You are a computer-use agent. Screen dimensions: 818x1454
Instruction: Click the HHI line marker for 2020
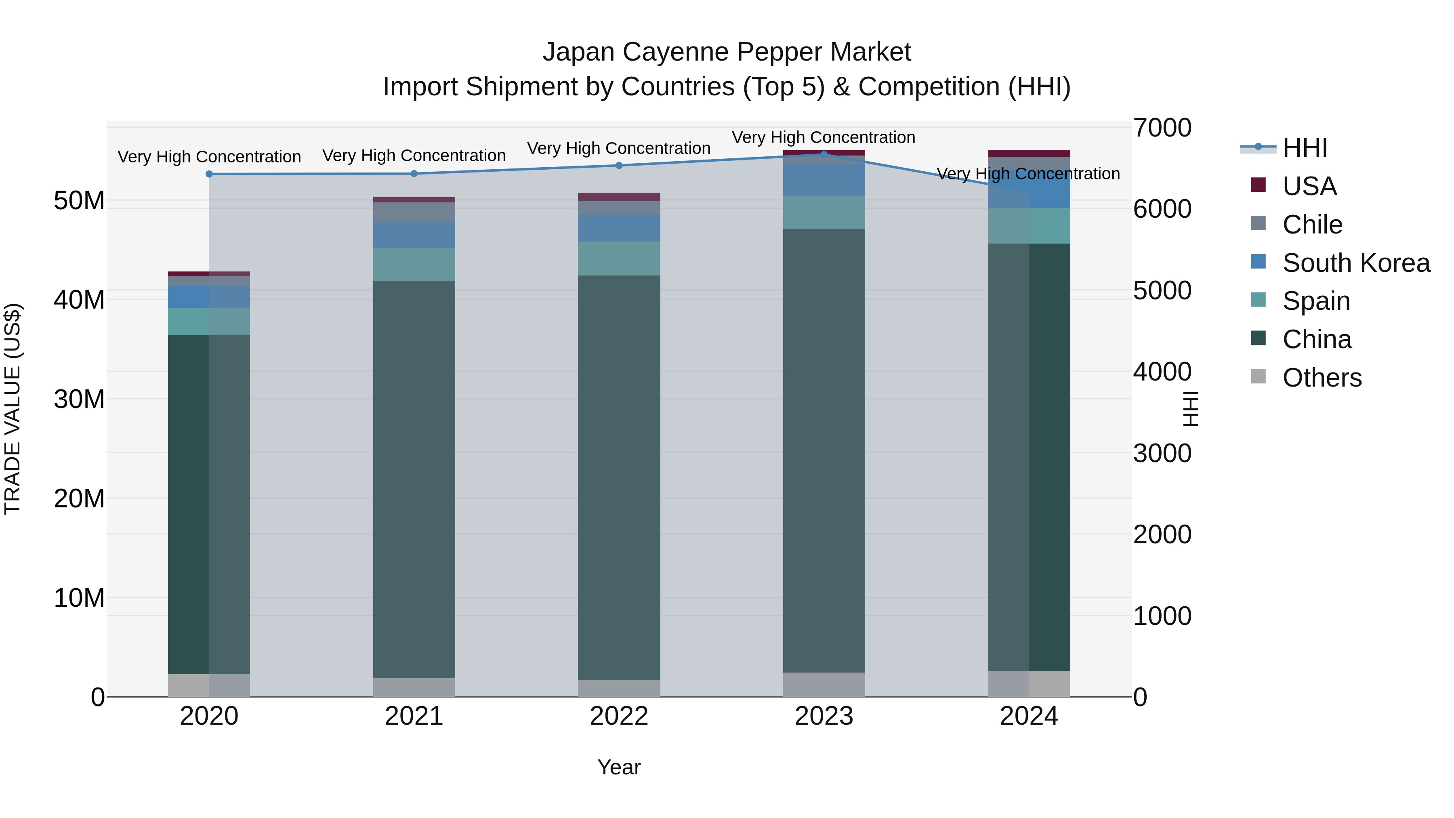[209, 174]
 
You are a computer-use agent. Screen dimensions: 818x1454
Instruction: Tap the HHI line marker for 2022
[619, 165]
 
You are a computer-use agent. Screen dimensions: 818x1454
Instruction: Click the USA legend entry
[1309, 186]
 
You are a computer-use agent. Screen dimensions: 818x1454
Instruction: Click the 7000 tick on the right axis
[1162, 128]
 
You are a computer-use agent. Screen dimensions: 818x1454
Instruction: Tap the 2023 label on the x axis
[824, 716]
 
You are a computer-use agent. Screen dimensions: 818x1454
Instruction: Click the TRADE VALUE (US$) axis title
[13, 409]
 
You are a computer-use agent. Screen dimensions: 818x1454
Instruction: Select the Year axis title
[619, 767]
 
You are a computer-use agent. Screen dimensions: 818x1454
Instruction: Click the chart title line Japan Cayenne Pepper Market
[727, 52]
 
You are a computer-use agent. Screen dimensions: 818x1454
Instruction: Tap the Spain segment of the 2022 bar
[619, 258]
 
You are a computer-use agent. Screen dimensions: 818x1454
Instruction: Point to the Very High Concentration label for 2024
[1028, 173]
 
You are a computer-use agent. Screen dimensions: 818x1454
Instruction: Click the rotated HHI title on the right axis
[1190, 409]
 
